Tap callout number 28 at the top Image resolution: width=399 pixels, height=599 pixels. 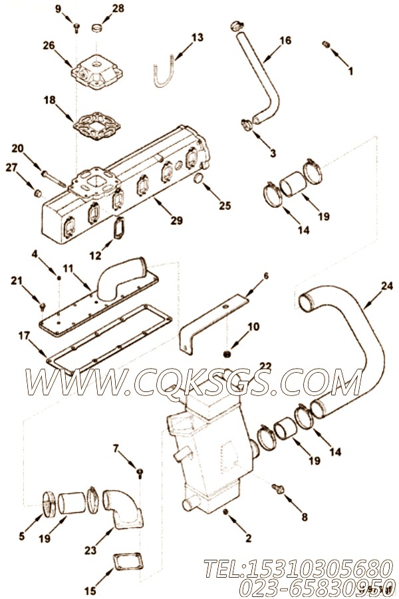tap(117, 8)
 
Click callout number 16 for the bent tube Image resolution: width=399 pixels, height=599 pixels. tap(285, 41)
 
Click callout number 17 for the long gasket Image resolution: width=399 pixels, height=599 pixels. tap(24, 336)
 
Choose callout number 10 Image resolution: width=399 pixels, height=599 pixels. tap(253, 326)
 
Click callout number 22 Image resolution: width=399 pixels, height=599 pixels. tap(265, 366)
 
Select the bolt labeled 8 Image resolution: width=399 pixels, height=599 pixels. tap(278, 490)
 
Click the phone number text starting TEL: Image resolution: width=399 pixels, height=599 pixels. tap(293, 568)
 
